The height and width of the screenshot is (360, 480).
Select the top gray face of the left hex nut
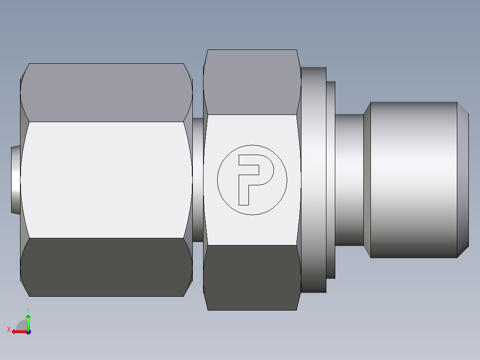pyautogui.click(x=106, y=92)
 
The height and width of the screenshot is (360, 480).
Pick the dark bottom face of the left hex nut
pyautogui.click(x=106, y=267)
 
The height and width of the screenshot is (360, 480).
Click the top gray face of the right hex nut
pyautogui.click(x=252, y=82)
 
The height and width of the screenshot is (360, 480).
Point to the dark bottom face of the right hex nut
pyautogui.click(x=252, y=277)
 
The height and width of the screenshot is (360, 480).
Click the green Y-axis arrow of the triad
pyautogui.click(x=28, y=322)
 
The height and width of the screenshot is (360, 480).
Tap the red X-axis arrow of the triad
pyautogui.click(x=18, y=331)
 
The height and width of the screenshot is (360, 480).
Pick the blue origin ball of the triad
pyautogui.click(x=28, y=332)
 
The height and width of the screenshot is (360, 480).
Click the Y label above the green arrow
pyautogui.click(x=28, y=309)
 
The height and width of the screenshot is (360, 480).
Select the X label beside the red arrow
pyautogui.click(x=8, y=329)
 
